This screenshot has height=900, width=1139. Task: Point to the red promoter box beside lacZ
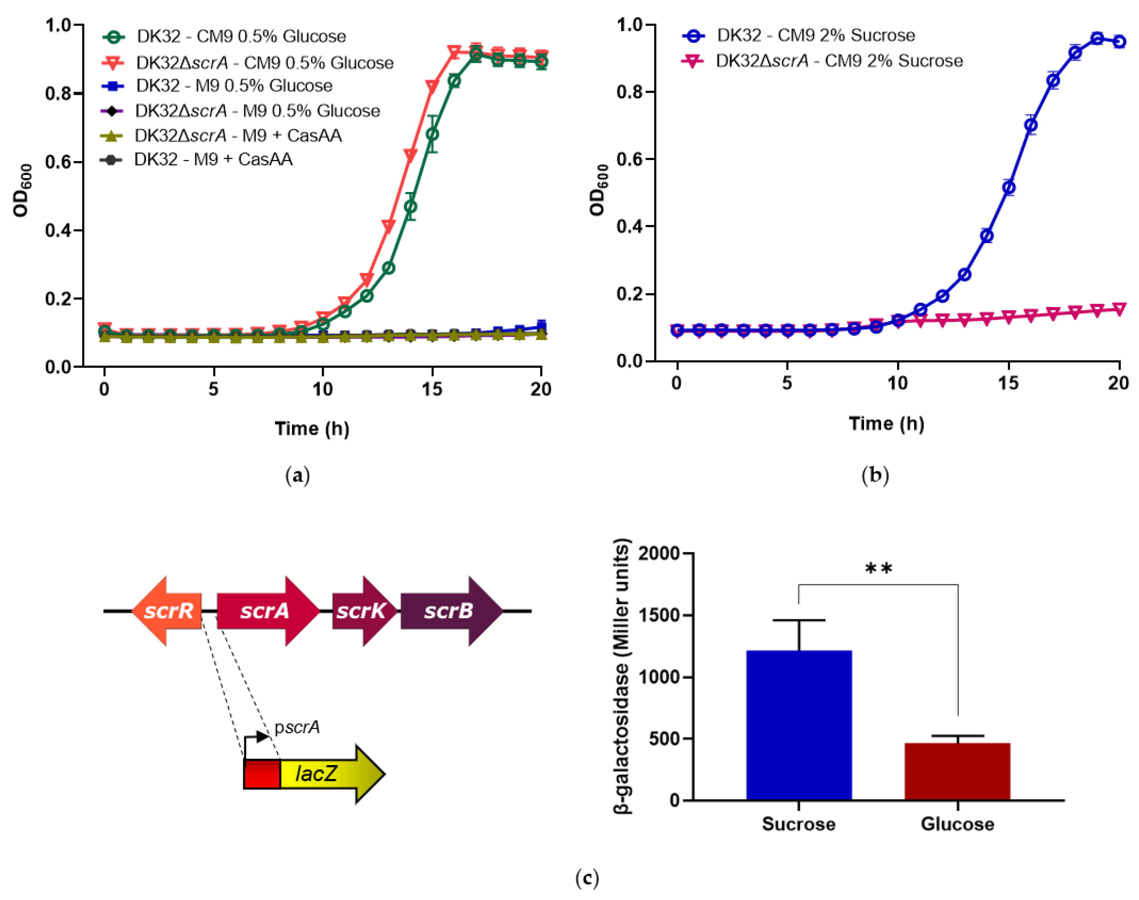(x=261, y=774)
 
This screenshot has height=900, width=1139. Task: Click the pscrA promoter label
(x=296, y=727)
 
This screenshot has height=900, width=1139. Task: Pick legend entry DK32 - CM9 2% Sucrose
(x=815, y=35)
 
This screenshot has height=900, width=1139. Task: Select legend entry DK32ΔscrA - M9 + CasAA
(x=237, y=135)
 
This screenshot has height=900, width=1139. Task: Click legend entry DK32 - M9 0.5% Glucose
(x=233, y=86)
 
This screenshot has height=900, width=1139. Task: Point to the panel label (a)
(x=297, y=475)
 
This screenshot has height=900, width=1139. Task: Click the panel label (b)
(x=875, y=475)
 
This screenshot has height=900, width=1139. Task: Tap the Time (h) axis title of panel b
(x=886, y=424)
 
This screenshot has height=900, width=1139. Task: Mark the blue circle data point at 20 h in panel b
(x=1119, y=42)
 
